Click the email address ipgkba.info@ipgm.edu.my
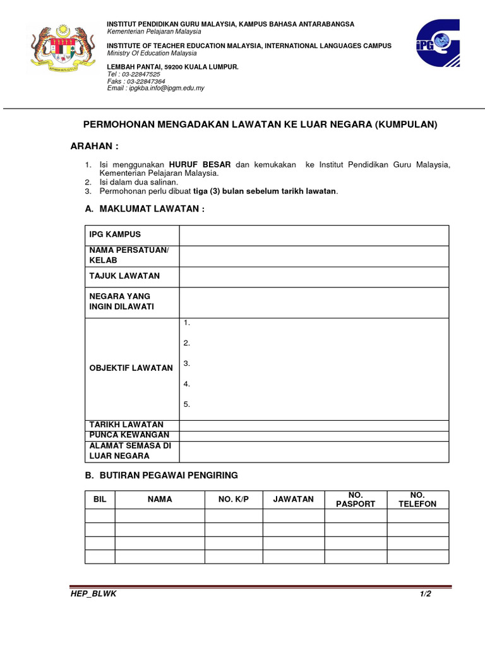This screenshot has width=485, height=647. point(167,88)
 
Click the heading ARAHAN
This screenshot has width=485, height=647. point(94,146)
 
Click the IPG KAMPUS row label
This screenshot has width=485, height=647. point(115,234)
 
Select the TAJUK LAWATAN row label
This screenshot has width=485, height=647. point(124,275)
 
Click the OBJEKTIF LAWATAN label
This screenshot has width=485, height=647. point(131,368)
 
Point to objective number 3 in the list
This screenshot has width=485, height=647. point(187,363)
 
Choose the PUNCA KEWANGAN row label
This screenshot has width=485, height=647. point(129,435)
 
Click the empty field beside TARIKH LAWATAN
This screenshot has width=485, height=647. point(314,425)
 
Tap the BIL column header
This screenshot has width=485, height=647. point(100,499)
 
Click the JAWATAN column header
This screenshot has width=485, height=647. point(293,499)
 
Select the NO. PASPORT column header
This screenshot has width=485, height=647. point(356,499)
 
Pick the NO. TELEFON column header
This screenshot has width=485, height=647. point(417,499)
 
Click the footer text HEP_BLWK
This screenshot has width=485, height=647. point(93,594)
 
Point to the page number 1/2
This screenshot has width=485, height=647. point(424,594)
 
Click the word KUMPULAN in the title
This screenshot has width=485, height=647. point(406,124)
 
